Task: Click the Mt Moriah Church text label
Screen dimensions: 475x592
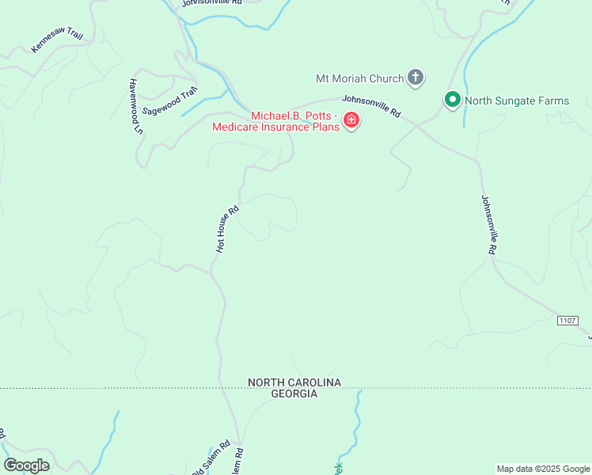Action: click(x=359, y=78)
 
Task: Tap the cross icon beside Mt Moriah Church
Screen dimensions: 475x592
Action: click(x=416, y=78)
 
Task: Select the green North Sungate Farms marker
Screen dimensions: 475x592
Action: click(x=452, y=101)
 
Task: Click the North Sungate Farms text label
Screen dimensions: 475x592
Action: click(x=516, y=101)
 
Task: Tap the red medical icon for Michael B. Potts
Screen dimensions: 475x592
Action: click(x=351, y=120)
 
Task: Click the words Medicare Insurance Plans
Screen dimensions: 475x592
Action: click(x=274, y=127)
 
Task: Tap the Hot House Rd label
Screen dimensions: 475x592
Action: click(x=227, y=230)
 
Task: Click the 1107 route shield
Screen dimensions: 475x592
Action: click(x=567, y=320)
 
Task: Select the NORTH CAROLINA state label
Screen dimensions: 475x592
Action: click(x=294, y=382)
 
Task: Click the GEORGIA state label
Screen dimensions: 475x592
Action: click(x=294, y=393)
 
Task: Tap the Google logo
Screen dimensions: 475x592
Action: click(x=26, y=465)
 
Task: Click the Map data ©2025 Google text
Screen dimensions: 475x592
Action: click(x=543, y=469)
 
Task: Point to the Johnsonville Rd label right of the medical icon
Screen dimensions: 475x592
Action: click(x=372, y=106)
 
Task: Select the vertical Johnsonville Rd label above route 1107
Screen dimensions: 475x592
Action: click(x=488, y=225)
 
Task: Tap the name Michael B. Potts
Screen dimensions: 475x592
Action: click(x=294, y=116)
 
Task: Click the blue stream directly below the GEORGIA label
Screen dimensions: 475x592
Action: click(x=359, y=412)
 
